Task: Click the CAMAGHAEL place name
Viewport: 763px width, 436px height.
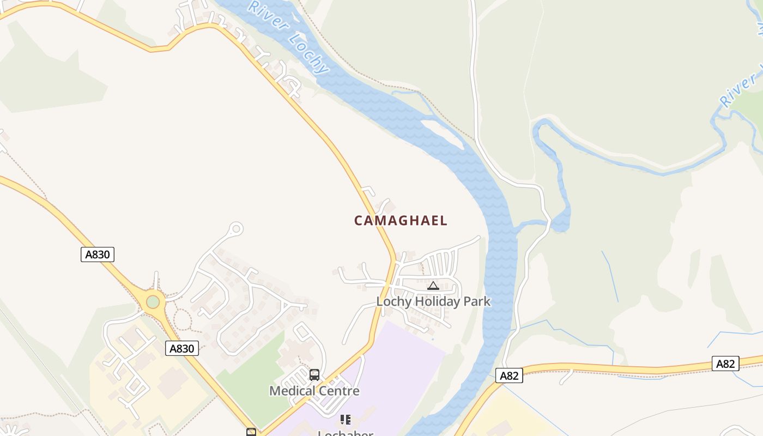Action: pos(401,221)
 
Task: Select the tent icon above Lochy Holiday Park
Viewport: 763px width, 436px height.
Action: pos(433,286)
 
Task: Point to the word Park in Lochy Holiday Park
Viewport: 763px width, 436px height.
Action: pos(476,301)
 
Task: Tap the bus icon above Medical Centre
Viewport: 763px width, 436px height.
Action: pos(314,375)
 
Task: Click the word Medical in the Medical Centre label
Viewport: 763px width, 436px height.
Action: pos(292,391)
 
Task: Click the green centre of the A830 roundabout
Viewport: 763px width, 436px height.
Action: pos(153,301)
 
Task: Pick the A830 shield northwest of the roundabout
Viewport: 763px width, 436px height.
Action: pos(98,255)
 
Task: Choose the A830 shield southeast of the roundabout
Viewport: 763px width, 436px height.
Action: pos(182,348)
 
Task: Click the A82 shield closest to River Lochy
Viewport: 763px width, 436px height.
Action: pos(509,375)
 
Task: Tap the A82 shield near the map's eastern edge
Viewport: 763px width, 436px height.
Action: pos(725,364)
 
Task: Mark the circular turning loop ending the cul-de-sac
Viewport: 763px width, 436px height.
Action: pos(236,229)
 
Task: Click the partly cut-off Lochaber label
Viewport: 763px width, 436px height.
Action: pos(346,433)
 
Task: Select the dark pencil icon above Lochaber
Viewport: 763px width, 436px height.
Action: pos(345,419)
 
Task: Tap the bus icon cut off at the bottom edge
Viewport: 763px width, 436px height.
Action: pos(251,432)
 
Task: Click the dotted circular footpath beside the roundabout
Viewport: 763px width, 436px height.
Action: pos(181,319)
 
